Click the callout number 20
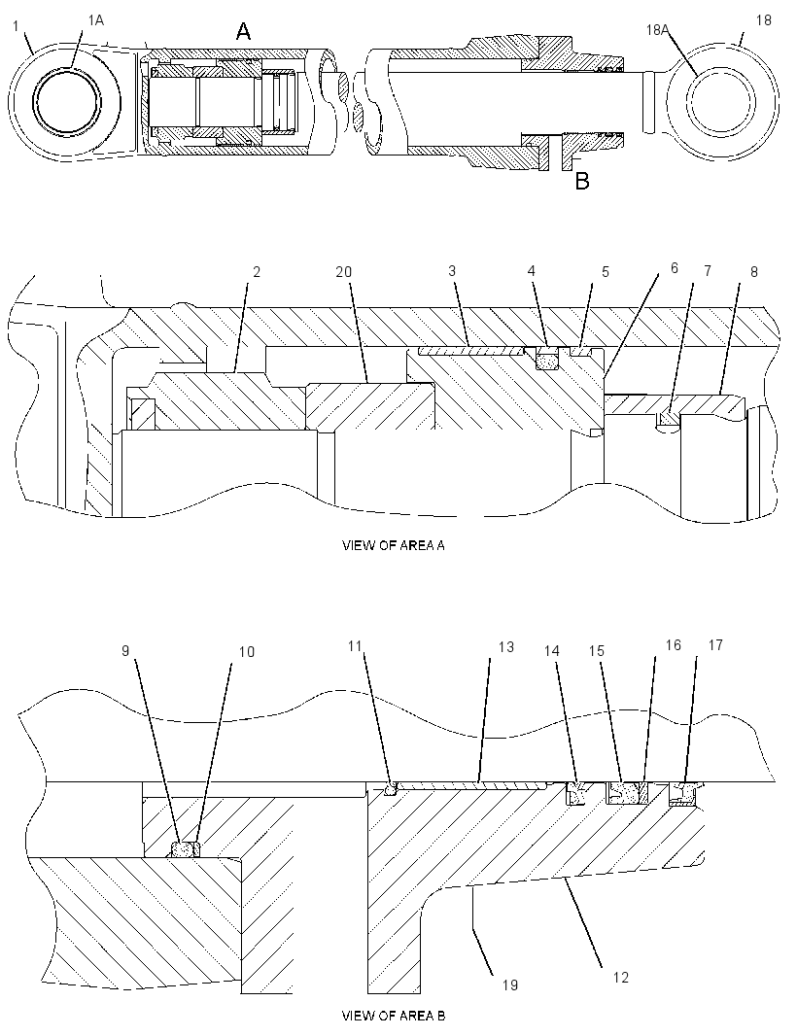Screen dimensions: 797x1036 click(x=344, y=271)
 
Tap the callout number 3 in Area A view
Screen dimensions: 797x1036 click(x=452, y=271)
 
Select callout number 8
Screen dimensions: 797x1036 click(x=754, y=271)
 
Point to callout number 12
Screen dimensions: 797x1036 click(x=620, y=977)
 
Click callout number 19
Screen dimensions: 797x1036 click(x=509, y=985)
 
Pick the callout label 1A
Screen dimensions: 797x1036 click(x=96, y=20)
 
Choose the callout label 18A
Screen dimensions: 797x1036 click(x=658, y=30)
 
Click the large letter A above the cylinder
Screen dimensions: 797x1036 click(x=244, y=30)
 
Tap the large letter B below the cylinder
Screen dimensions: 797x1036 click(x=582, y=181)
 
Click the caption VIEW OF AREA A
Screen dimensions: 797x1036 click(x=394, y=546)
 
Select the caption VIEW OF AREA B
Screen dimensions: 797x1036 click(x=394, y=1016)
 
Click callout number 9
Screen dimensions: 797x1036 click(x=125, y=651)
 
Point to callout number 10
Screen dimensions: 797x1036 click(x=246, y=652)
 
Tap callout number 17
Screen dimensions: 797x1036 click(x=715, y=645)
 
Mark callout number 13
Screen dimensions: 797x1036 click(x=505, y=647)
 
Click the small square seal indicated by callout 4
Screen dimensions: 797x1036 click(x=546, y=361)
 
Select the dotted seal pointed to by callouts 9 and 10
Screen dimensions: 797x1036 click(x=185, y=849)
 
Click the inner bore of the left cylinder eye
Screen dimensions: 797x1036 click(x=69, y=102)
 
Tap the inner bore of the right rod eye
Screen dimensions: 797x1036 click(x=720, y=103)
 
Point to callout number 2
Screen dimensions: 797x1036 click(x=257, y=272)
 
